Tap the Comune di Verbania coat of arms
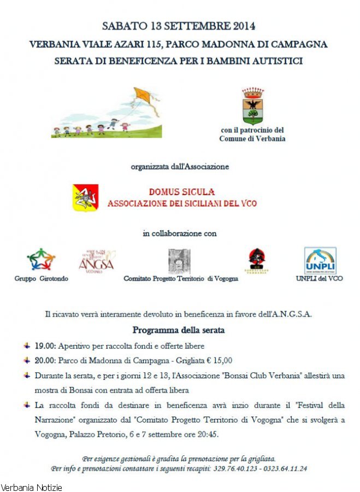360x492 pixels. point(252,106)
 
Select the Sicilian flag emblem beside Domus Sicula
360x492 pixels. point(86,198)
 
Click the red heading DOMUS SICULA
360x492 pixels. point(182,192)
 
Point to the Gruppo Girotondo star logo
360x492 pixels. point(41,259)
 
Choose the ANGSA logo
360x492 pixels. point(97,261)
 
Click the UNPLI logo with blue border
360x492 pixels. point(320,260)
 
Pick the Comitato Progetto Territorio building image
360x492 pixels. point(179,261)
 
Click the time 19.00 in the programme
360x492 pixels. point(44,346)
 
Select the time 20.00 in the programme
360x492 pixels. point(44,360)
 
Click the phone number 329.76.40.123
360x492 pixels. point(234,468)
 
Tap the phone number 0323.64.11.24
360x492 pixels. point(284,468)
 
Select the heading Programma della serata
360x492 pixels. point(179,330)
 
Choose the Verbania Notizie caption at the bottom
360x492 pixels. point(31,487)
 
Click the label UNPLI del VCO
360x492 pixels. point(319,279)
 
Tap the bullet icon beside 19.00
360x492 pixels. point(27,346)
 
